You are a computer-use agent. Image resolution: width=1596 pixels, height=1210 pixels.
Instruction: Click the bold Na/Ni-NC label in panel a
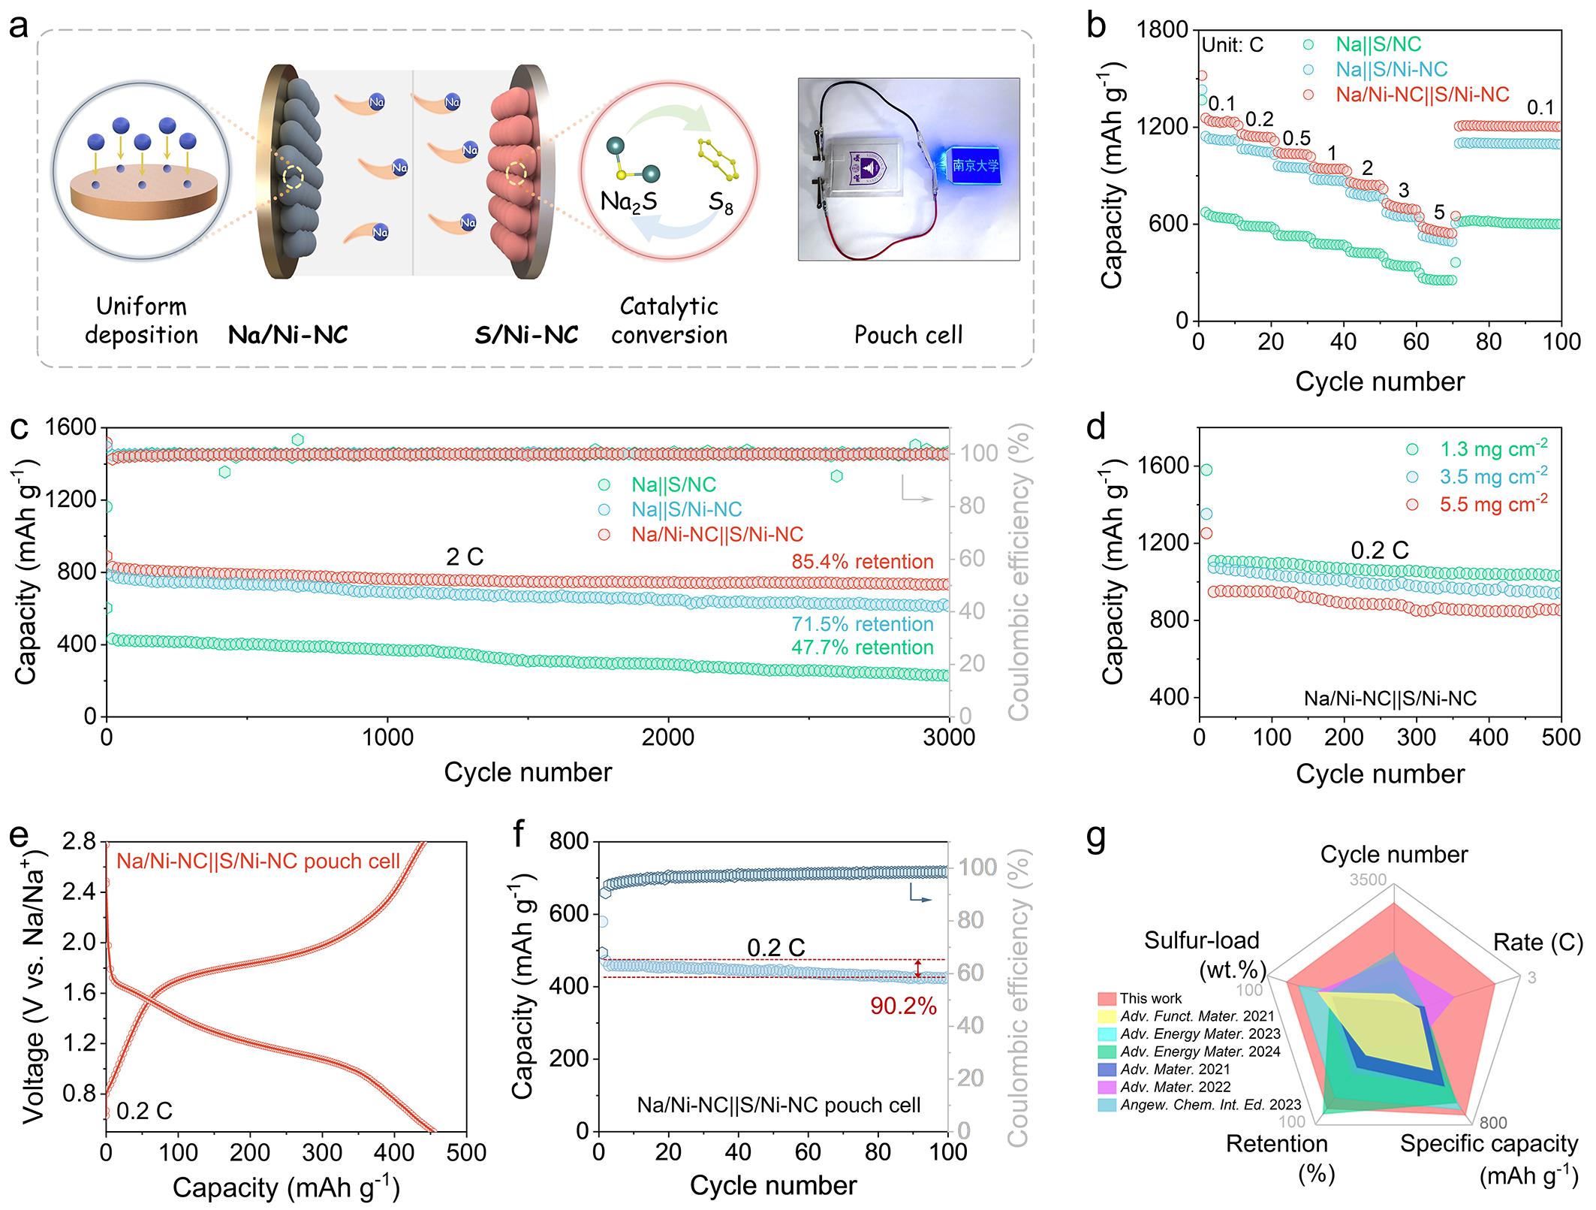point(288,334)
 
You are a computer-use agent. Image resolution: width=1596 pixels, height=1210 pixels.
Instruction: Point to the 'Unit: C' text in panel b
point(1232,45)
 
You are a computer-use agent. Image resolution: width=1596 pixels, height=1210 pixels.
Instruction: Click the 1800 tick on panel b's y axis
point(1164,30)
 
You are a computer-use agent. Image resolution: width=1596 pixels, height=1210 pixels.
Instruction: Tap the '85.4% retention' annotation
point(863,562)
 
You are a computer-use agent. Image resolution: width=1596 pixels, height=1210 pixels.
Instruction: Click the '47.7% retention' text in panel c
point(863,647)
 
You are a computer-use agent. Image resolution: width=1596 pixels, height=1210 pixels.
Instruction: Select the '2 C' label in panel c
point(465,557)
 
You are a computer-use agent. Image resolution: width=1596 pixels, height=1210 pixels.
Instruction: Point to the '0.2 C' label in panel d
point(1380,551)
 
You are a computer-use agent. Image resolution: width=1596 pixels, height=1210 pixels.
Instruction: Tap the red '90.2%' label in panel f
point(904,1006)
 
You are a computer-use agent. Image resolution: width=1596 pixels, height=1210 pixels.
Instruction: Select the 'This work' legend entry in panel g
point(1150,999)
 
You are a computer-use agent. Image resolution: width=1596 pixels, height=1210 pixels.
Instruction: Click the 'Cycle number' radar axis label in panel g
point(1394,855)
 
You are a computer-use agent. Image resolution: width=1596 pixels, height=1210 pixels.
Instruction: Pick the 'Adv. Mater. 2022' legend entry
point(1175,1087)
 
